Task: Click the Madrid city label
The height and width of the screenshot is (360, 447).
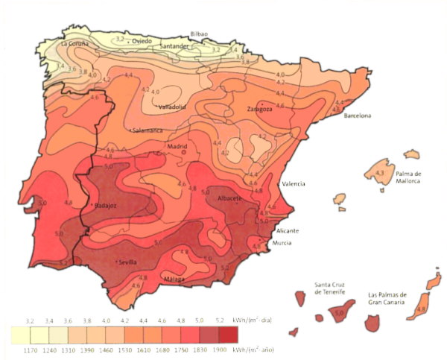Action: click(177, 146)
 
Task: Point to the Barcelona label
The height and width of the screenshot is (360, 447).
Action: click(357, 116)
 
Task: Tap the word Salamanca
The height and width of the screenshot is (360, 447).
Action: click(148, 130)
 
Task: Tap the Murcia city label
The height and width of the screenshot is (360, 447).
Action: click(282, 244)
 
